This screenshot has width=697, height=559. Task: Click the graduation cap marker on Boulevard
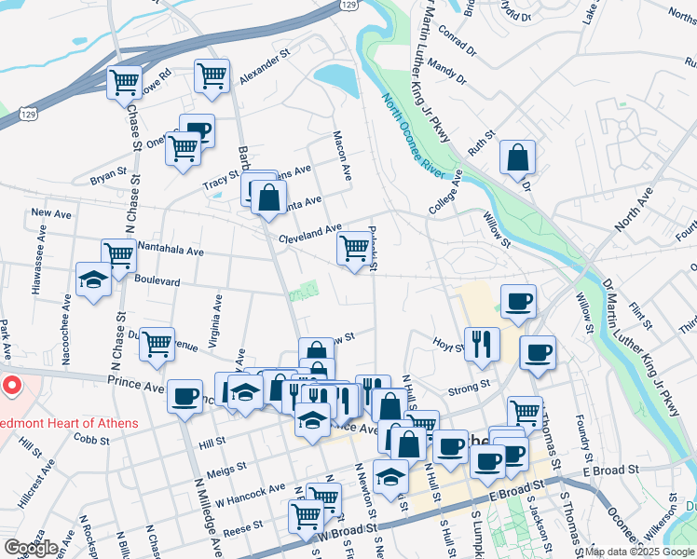(x=93, y=280)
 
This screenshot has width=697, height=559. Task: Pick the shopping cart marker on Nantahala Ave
(x=119, y=254)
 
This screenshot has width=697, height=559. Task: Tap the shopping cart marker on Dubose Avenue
(x=157, y=343)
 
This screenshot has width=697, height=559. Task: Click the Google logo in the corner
(x=31, y=547)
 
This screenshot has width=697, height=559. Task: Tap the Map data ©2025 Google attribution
(x=639, y=552)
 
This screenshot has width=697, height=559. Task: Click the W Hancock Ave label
(x=251, y=495)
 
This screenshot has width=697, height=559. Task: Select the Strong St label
(x=469, y=386)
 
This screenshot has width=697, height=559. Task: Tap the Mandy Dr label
(x=447, y=71)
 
